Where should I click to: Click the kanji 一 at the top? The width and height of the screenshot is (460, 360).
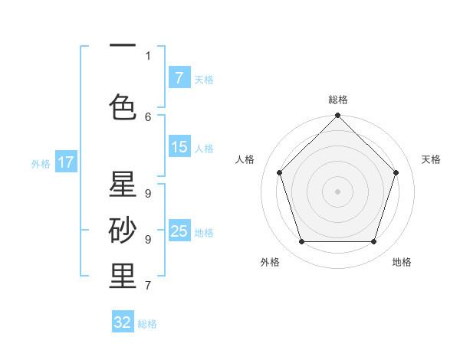[x=123, y=45]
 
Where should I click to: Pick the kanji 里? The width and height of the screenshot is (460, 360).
[x=123, y=277]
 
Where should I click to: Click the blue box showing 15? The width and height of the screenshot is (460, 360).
[x=179, y=147]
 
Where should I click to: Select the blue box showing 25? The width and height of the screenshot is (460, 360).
[x=179, y=231]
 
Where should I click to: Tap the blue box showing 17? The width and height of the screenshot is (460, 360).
[x=65, y=162]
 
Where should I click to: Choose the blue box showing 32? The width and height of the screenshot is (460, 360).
[x=123, y=322]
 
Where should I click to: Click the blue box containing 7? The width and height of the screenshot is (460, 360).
[x=179, y=78]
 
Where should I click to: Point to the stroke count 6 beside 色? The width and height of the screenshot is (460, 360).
[x=148, y=116]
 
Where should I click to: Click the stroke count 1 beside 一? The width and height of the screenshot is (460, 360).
[x=148, y=55]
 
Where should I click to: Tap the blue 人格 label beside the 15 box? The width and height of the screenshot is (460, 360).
[x=204, y=148]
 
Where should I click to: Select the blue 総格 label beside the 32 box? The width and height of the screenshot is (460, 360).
[x=147, y=324]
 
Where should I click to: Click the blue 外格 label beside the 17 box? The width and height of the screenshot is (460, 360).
[x=41, y=163]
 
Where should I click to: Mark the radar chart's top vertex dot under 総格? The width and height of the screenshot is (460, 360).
[x=337, y=116]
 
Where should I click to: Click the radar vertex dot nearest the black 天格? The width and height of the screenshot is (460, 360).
[x=396, y=172]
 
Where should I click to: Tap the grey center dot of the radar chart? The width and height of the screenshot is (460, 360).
[x=337, y=191]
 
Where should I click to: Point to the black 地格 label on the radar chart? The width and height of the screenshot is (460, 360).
[x=402, y=262]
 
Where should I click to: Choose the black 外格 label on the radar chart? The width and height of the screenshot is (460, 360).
[x=270, y=262]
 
